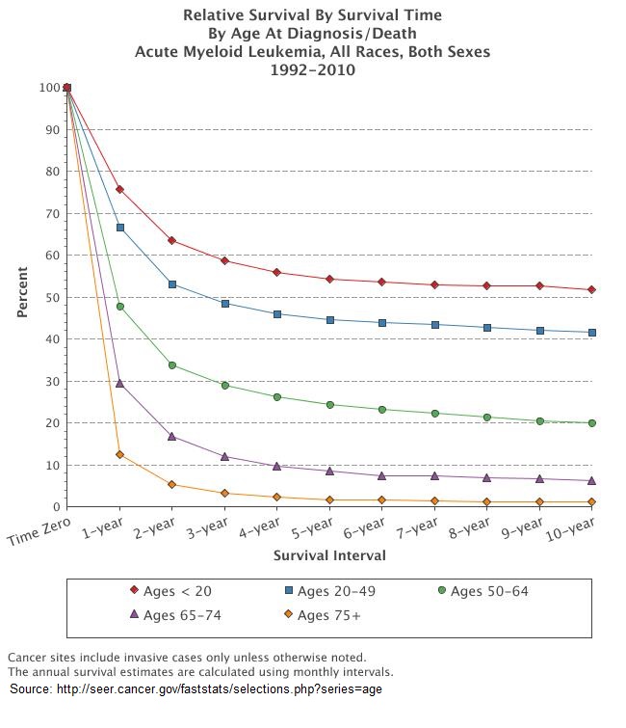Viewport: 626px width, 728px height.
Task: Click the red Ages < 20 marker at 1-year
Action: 119,189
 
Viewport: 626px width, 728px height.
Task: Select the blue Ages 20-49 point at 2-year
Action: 172,284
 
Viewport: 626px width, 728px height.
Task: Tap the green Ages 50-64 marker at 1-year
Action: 119,307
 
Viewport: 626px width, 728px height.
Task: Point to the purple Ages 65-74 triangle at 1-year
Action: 119,383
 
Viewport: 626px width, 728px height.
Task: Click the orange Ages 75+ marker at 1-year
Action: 119,454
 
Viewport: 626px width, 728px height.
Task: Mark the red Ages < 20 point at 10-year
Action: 591,290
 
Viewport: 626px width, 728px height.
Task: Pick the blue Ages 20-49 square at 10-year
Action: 591,333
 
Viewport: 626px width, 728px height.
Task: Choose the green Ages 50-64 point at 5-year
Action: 329,405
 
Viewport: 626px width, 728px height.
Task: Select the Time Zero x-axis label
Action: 39,535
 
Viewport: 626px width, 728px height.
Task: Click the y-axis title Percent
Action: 22,297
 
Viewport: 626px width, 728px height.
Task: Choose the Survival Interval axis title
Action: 329,555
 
